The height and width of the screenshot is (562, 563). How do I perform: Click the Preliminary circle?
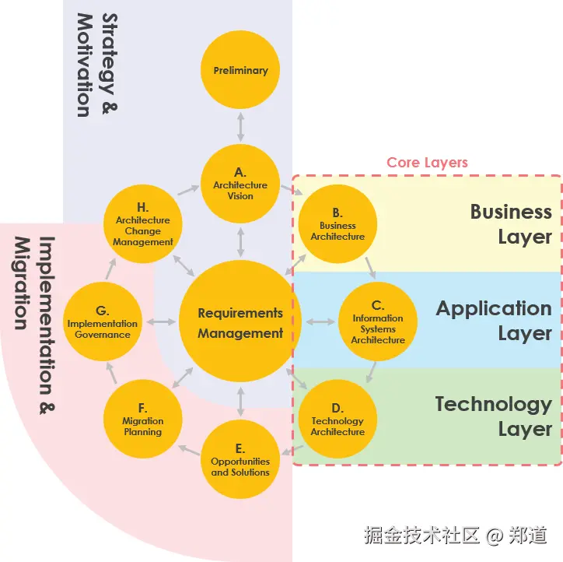coord(240,70)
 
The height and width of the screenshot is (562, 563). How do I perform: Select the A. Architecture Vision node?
coord(240,184)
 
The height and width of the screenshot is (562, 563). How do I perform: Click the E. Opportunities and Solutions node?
coord(240,459)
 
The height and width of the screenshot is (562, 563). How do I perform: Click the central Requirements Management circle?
coord(240,322)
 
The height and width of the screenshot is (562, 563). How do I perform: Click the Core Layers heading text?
coord(427,163)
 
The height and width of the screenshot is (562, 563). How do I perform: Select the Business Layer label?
coord(511,224)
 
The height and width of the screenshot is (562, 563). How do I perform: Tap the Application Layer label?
coord(494,321)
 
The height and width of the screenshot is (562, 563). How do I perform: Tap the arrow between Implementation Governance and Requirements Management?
coord(162,322)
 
